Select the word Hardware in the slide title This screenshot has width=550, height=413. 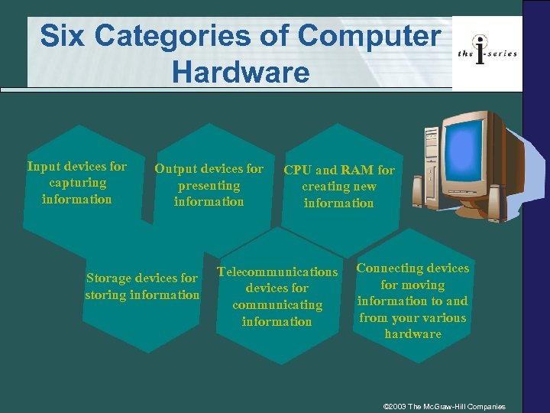(241, 72)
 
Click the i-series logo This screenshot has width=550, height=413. (487, 51)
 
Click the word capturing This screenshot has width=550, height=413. (77, 183)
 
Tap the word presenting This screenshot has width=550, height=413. (209, 186)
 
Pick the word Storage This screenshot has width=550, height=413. (108, 278)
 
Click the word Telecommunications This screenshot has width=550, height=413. (277, 272)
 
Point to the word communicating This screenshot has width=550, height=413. (277, 305)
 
